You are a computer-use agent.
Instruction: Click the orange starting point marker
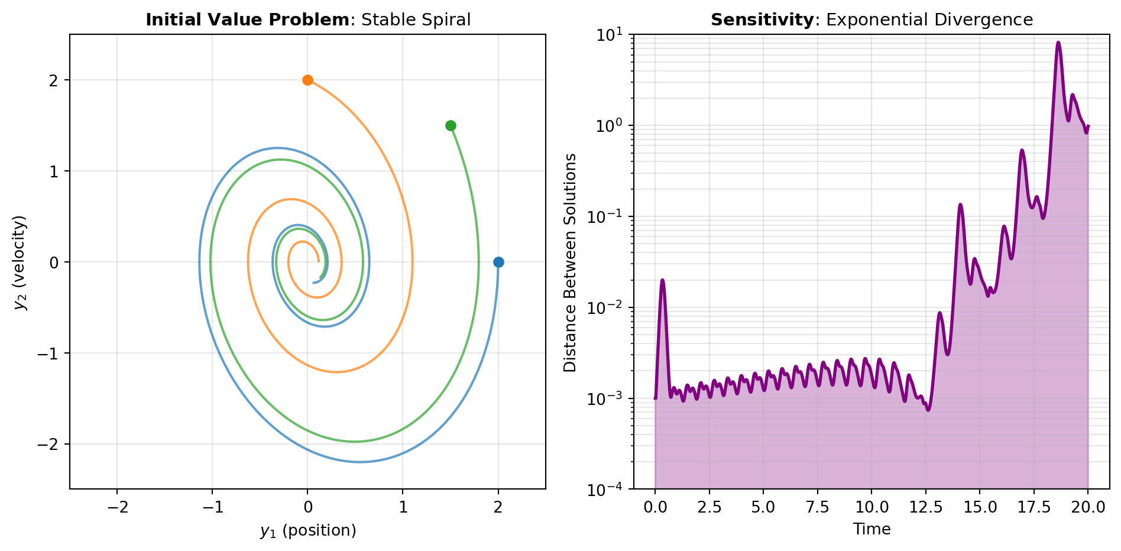click(x=307, y=80)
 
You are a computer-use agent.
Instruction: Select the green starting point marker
click(x=451, y=125)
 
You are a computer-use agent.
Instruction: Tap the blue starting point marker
click(x=498, y=262)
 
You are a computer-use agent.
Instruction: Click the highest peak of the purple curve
click(x=1058, y=43)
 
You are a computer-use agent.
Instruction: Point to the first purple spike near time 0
click(x=663, y=280)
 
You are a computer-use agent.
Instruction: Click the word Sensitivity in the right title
click(x=762, y=20)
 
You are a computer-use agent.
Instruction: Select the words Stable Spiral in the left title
click(x=416, y=20)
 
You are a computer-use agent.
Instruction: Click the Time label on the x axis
click(x=871, y=529)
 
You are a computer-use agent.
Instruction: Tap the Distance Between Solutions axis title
click(x=570, y=262)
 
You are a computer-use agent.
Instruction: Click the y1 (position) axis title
click(x=308, y=530)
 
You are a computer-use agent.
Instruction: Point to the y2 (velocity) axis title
click(x=21, y=262)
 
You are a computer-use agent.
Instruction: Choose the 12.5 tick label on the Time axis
click(x=925, y=507)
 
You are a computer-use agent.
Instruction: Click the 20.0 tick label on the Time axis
click(x=1088, y=507)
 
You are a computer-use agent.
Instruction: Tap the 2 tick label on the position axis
click(x=498, y=507)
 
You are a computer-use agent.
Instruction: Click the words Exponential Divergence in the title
click(x=929, y=20)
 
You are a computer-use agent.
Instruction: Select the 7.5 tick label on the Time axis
click(x=818, y=507)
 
